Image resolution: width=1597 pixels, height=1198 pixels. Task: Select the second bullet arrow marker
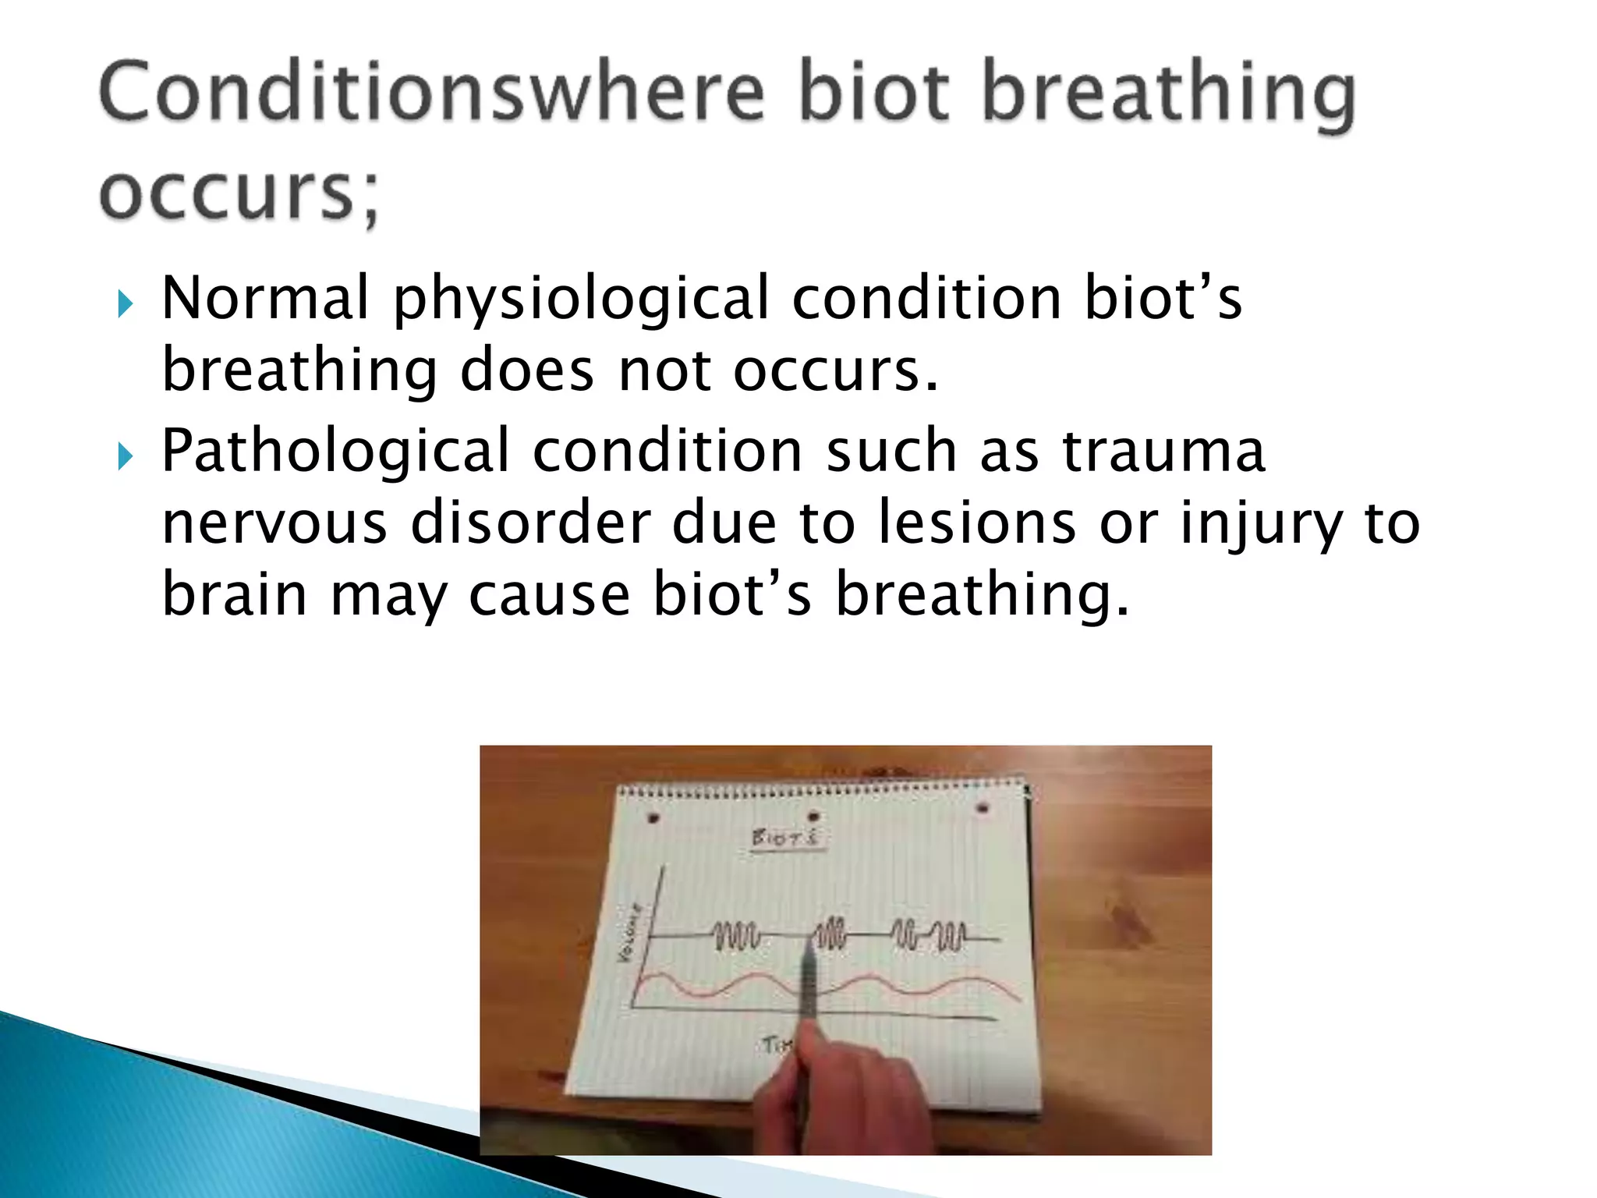click(125, 456)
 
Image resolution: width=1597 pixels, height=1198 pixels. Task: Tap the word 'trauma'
click(1163, 452)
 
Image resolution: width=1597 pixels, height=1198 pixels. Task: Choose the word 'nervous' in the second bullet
click(274, 523)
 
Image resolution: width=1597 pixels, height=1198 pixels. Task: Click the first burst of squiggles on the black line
click(735, 936)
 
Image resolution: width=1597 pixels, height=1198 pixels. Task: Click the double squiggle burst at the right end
click(929, 935)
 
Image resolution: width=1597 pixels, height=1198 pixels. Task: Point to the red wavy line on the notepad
click(920, 985)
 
